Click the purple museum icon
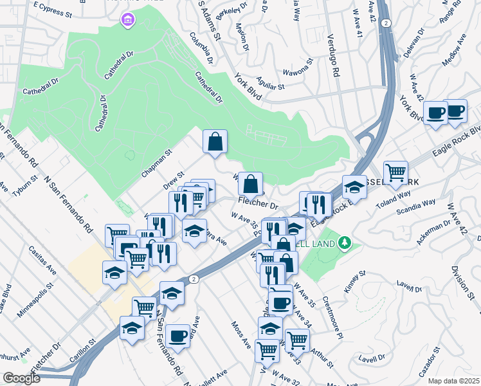[127, 21]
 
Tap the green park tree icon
[345, 243]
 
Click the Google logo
[22, 378]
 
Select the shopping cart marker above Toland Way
[395, 172]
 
